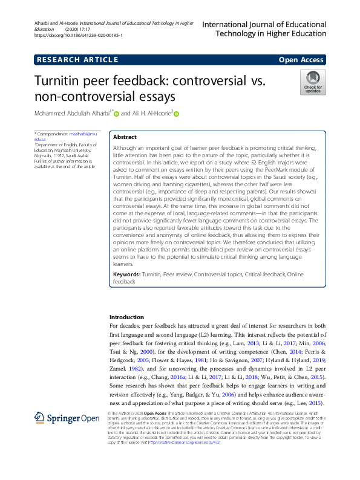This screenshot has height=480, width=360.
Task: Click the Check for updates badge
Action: [313, 82]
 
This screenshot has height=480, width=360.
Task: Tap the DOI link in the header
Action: [79, 36]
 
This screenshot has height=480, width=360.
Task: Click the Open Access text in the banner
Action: [301, 59]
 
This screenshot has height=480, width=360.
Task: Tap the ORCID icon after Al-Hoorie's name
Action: [177, 114]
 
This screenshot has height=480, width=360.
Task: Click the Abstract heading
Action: [125, 137]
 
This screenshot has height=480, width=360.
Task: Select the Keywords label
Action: [126, 275]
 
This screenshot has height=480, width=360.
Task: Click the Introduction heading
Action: [126, 317]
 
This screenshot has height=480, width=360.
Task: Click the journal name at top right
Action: [264, 29]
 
